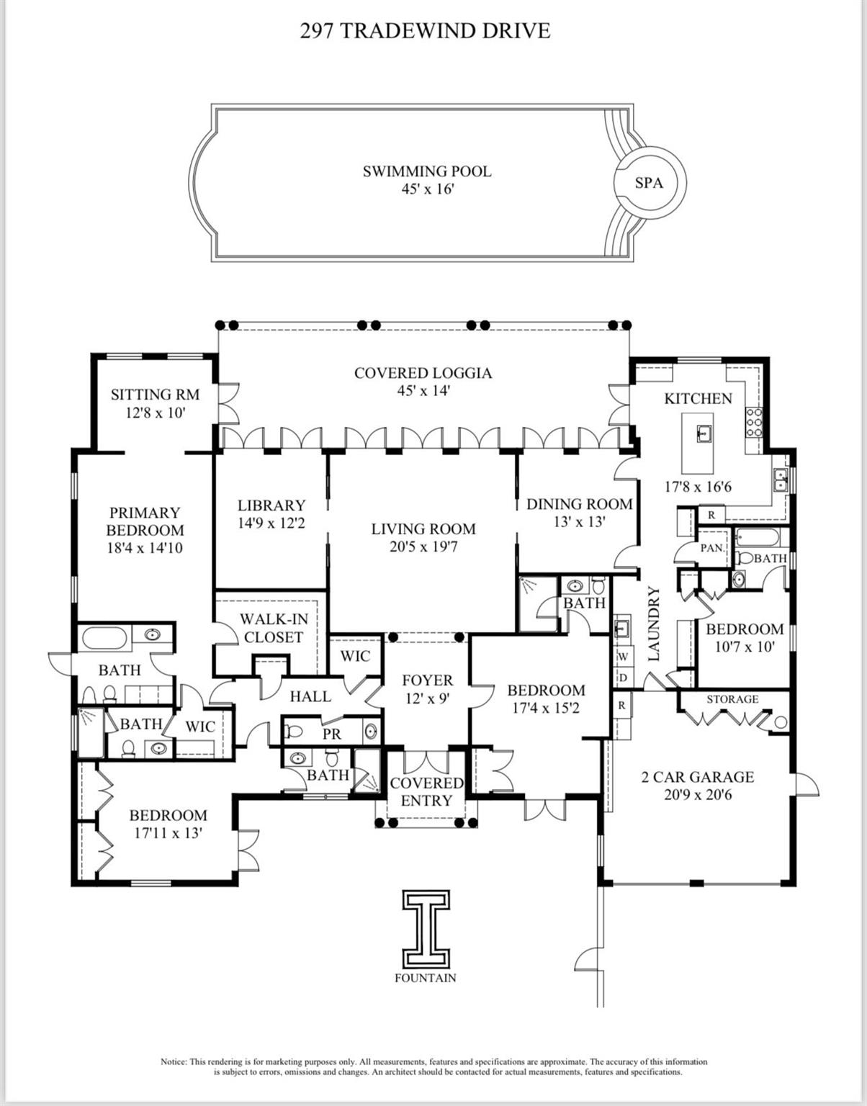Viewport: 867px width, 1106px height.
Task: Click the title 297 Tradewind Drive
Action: (x=425, y=30)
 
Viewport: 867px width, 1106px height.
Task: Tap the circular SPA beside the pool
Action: (x=649, y=183)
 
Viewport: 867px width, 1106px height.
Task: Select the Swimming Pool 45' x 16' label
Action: (x=427, y=180)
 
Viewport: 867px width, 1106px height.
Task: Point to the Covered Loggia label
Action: (x=423, y=382)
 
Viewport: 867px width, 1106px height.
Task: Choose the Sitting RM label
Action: (x=155, y=403)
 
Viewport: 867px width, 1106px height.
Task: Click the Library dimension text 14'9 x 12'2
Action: (x=271, y=523)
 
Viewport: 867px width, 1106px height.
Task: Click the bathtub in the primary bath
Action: (x=105, y=637)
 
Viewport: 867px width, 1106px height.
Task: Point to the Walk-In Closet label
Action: (x=273, y=628)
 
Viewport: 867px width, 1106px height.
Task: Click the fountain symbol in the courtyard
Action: (x=426, y=929)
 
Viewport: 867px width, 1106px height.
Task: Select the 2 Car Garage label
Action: (x=697, y=786)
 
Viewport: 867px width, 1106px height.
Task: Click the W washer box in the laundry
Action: (x=623, y=657)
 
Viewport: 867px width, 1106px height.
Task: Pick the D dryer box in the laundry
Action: (x=623, y=678)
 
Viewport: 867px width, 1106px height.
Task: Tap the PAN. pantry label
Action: (x=712, y=548)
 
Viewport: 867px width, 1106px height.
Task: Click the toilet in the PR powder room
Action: (x=295, y=732)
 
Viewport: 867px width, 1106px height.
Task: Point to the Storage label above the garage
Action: (x=732, y=699)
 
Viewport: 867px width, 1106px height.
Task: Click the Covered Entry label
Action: (x=426, y=791)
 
